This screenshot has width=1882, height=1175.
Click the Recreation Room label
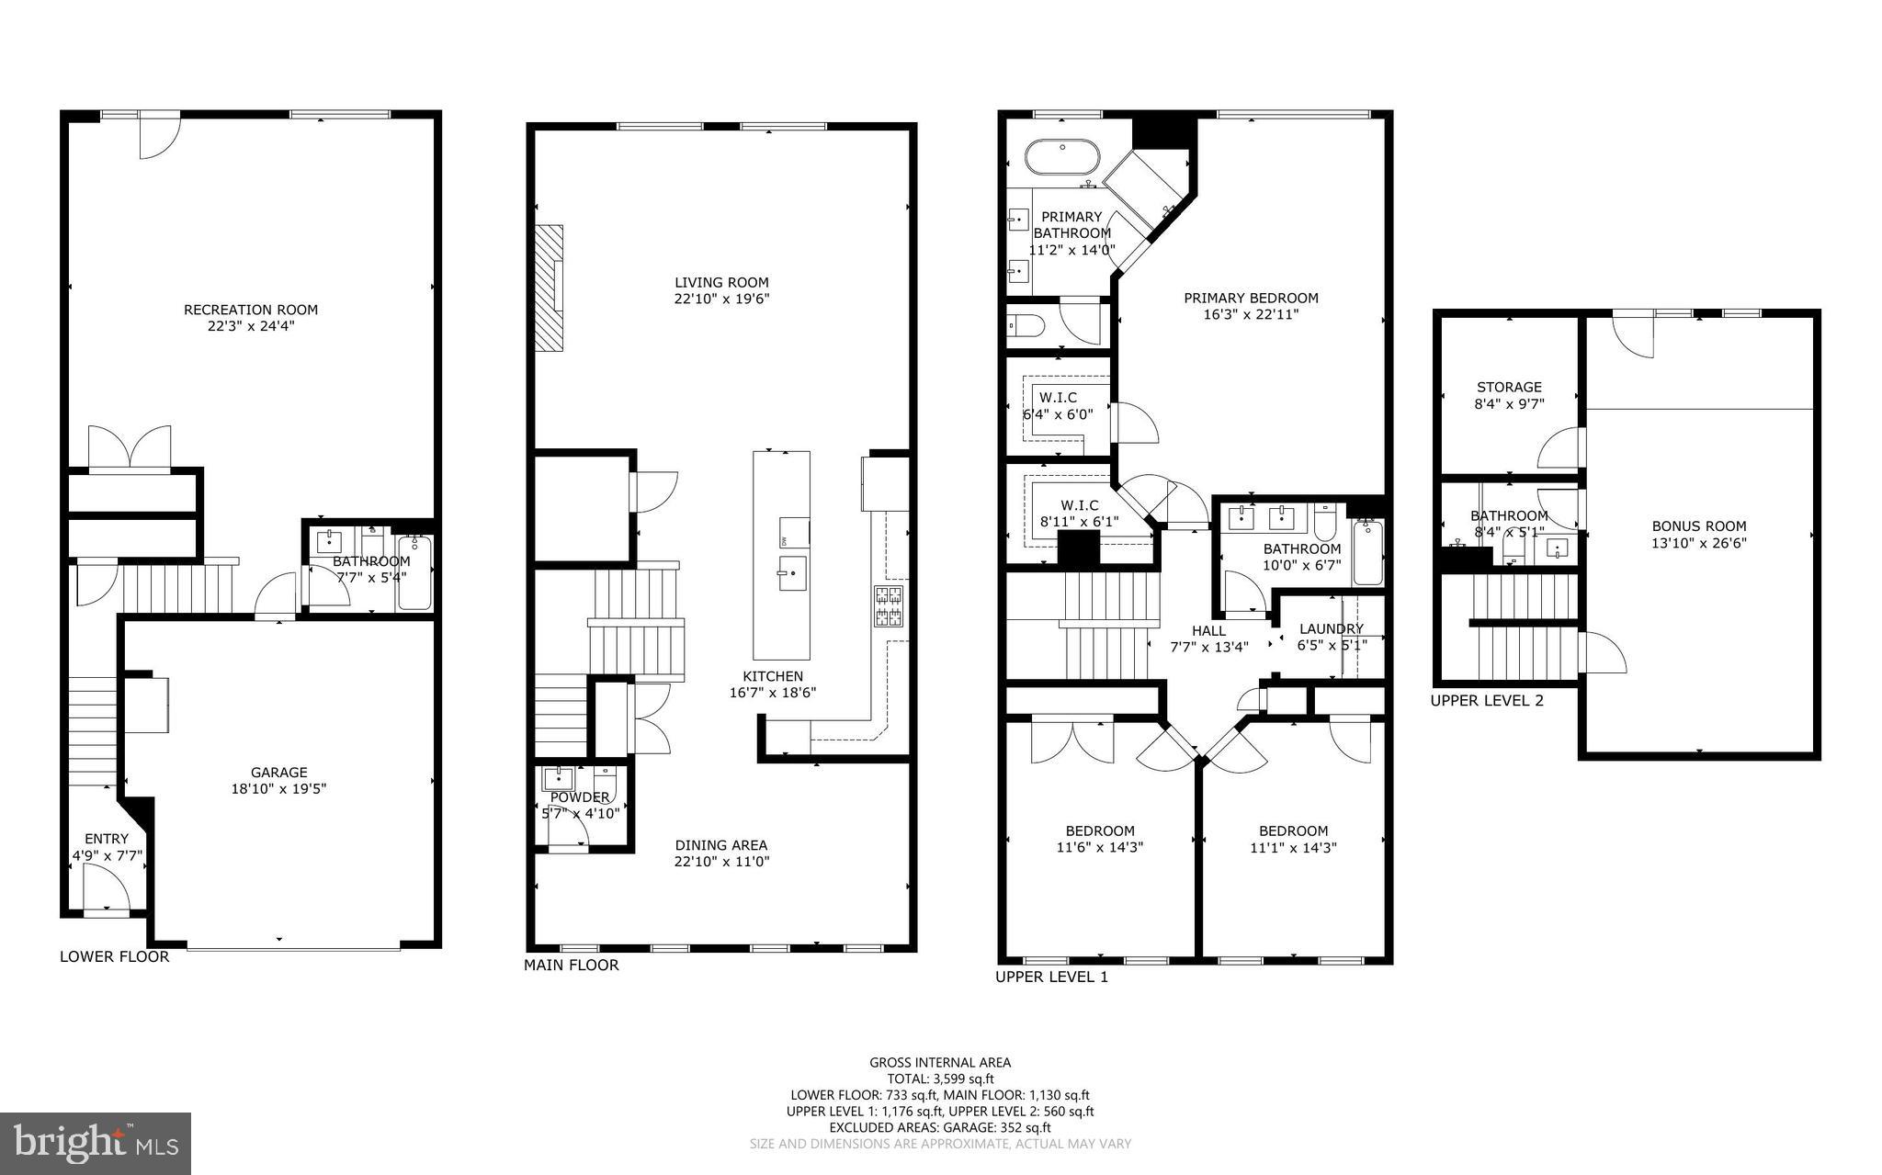pos(251,310)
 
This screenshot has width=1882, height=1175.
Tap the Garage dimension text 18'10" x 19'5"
pos(278,788)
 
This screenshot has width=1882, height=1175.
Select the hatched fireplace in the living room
pos(550,287)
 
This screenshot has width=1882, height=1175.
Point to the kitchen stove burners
pos(888,606)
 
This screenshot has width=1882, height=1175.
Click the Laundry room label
pos(1331,629)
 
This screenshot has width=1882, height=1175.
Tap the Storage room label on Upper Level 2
pos(1509,388)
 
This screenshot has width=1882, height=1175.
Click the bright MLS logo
pos(96,1143)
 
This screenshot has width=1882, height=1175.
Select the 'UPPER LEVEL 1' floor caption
pos(1051,977)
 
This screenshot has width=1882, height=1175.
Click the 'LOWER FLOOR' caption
pos(114,956)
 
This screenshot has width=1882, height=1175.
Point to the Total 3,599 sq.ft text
pos(940,1079)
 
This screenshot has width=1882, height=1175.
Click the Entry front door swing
pos(104,888)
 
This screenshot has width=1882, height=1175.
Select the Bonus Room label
pos(1698,526)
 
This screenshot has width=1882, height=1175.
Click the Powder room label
pos(579,797)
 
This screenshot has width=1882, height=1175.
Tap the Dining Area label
pos(720,845)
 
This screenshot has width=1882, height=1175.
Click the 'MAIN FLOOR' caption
pos(571,965)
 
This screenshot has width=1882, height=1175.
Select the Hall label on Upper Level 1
pos(1208,630)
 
